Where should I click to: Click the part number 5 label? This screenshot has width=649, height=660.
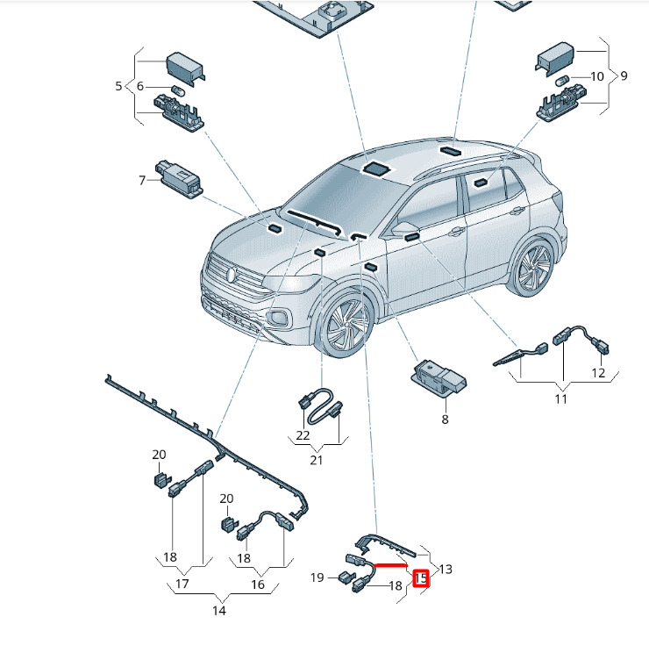click(118, 86)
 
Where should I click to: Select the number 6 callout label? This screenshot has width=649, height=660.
click(139, 86)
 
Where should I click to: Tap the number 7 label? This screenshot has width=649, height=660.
click(141, 181)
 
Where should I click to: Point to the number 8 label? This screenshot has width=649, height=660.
click(445, 420)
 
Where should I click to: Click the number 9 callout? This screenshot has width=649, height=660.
click(624, 76)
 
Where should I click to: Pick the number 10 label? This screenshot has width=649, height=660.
click(596, 76)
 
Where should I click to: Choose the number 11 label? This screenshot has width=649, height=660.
click(560, 399)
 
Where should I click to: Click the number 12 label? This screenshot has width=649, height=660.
click(598, 373)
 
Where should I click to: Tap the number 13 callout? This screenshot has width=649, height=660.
click(446, 569)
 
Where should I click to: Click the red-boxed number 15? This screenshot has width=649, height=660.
click(422, 578)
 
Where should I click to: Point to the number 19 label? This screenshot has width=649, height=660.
click(317, 577)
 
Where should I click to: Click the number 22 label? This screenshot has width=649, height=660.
click(303, 434)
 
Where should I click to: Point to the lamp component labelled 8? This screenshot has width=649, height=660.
click(439, 377)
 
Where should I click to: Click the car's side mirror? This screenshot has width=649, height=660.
click(405, 229)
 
